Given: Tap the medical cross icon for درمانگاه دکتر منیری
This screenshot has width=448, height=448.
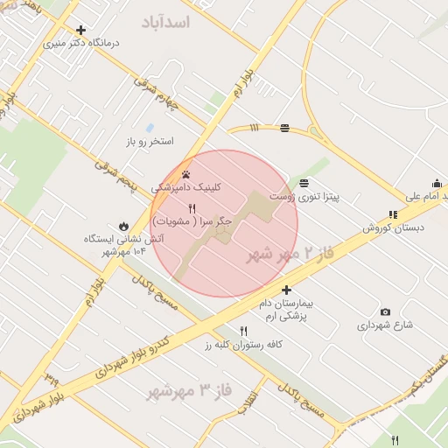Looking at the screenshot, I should coord(81,30).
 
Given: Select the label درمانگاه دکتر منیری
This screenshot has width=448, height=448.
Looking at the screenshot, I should coord(81,42).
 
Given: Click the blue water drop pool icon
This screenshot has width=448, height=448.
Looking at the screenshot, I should coord(149,128).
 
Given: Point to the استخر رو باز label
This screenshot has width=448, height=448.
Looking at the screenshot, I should coord(150,141).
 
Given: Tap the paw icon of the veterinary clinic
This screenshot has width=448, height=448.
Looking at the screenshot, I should coord(186,173).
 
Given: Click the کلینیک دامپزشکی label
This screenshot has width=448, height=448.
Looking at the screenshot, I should coord(186,187).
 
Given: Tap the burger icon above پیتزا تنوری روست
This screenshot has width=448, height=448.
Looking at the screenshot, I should coord(303,183).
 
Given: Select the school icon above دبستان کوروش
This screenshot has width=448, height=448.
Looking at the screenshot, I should coord(393,214).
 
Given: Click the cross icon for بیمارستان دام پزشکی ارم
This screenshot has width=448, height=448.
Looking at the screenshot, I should coord(286,289).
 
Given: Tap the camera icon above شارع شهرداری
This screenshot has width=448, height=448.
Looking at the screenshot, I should coord(386,311).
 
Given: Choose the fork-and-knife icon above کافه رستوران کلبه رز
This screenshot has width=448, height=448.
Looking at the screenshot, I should coord(243,331).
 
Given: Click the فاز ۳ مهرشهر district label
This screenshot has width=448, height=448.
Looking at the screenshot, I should coord(189,389).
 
